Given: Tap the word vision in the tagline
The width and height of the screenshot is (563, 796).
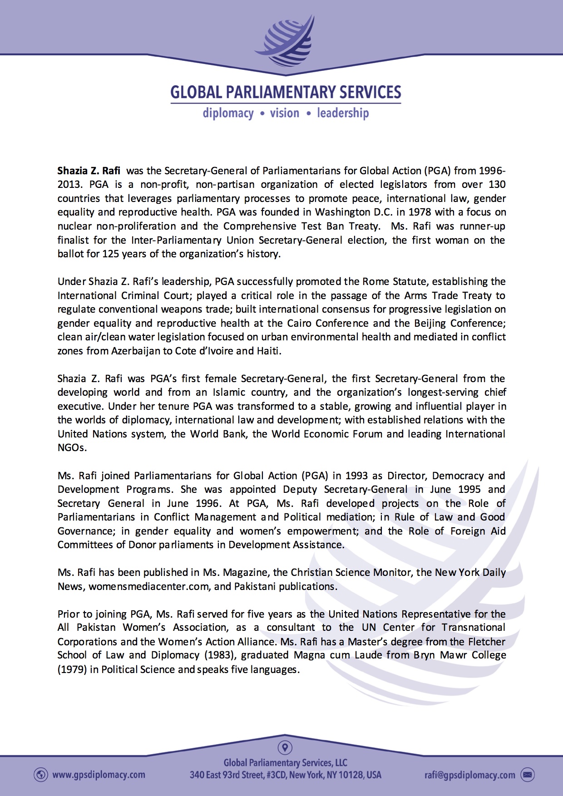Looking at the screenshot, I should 285,113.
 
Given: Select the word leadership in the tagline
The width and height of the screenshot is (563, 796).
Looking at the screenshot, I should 343,113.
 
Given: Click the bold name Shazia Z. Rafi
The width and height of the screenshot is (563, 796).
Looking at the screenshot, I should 89,171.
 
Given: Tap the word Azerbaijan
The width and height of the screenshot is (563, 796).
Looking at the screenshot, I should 135,351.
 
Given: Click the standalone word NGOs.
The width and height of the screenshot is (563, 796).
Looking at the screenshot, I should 71,447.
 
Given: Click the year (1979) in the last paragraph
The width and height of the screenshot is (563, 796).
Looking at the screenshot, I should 72,669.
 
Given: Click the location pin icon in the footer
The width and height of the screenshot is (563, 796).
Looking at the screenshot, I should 285,747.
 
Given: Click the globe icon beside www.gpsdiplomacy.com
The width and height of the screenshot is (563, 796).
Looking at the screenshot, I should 41,775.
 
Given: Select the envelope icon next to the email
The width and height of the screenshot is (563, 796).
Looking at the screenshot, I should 527,775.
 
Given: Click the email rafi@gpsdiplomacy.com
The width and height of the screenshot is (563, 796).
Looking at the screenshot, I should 469,775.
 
